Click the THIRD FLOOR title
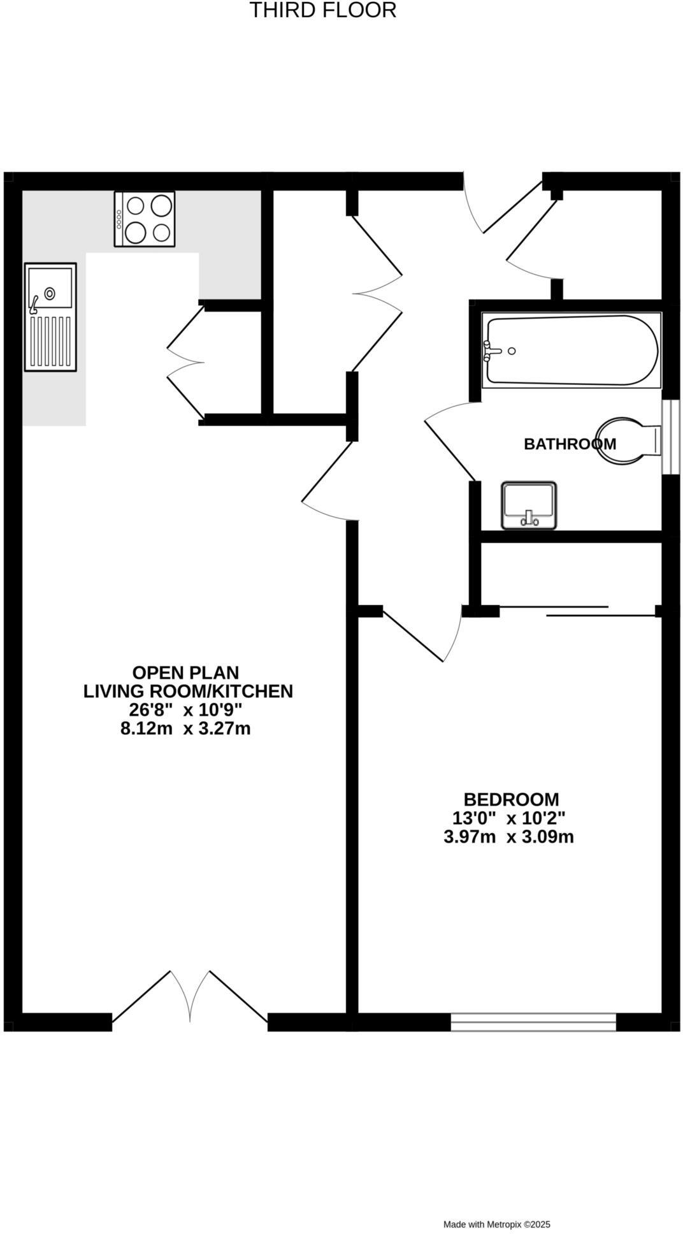click(322, 11)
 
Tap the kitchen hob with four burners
click(145, 219)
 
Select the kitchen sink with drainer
click(50, 317)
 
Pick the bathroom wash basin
click(529, 505)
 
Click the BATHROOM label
click(570, 444)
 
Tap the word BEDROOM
click(511, 799)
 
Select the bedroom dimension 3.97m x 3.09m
click(508, 836)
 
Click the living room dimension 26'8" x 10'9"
click(185, 709)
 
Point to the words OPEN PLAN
click(185, 672)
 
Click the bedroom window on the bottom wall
click(533, 1021)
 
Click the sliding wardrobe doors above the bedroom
click(577, 611)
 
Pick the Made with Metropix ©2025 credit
click(496, 1224)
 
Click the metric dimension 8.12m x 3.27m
click(185, 728)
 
